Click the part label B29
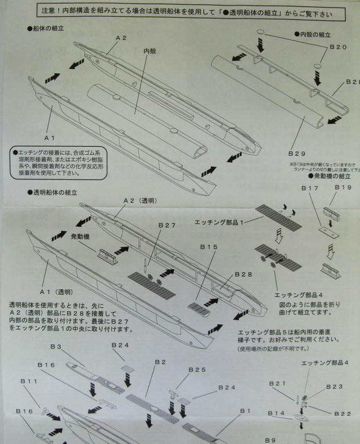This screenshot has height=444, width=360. (x=297, y=153)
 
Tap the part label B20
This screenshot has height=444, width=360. (x=337, y=47)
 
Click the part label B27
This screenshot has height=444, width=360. (x=166, y=225)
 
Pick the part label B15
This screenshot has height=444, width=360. (x=208, y=246)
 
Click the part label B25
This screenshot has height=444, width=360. (x=181, y=370)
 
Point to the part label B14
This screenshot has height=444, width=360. (x=276, y=414)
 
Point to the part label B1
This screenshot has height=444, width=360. (x=245, y=411)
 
